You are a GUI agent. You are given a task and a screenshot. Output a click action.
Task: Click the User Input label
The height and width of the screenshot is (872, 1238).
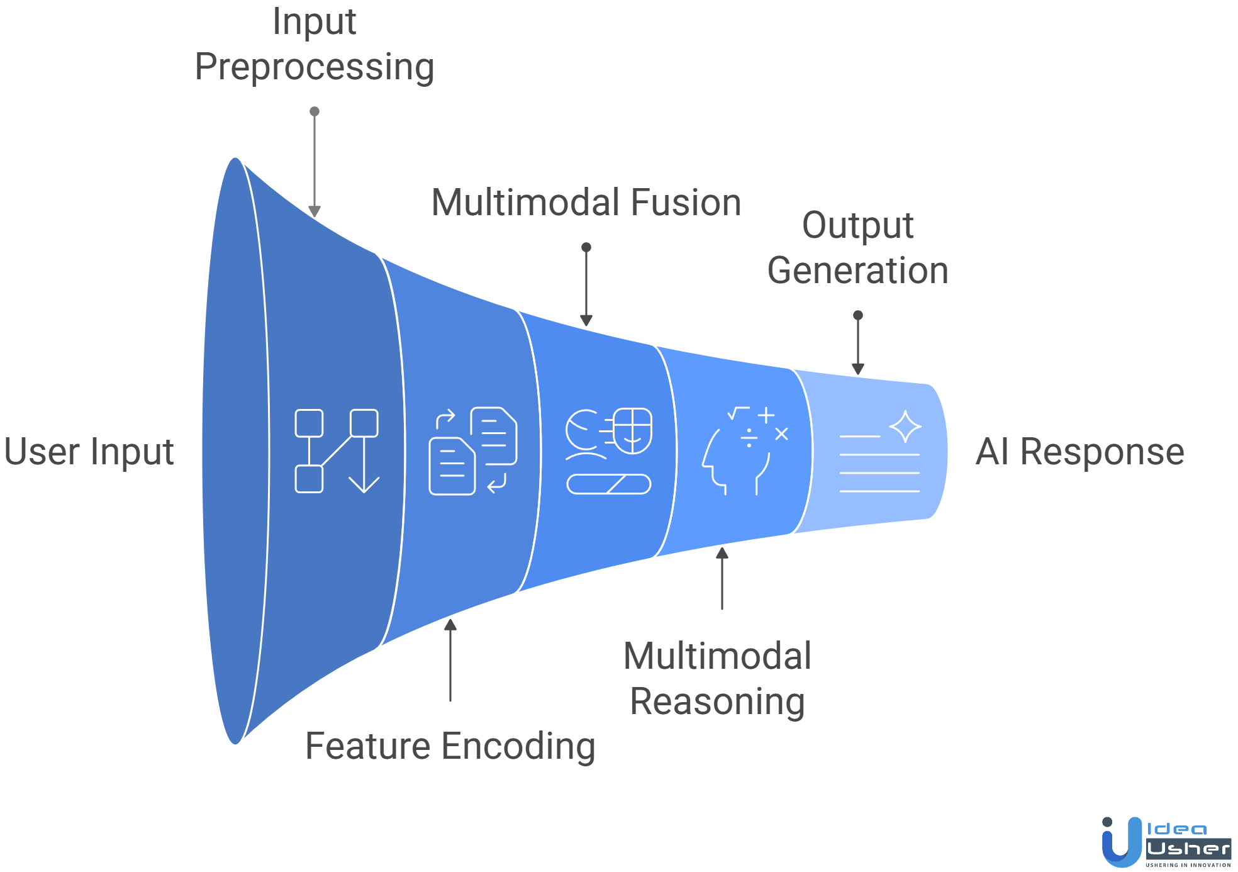pyautogui.click(x=89, y=452)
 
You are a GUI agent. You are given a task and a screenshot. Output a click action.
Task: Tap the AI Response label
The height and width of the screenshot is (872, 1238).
pyautogui.click(x=1079, y=452)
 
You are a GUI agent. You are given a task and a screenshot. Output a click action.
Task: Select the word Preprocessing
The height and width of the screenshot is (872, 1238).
pyautogui.click(x=315, y=67)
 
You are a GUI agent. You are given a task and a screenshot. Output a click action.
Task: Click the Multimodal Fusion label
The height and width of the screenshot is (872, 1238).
pyautogui.click(x=586, y=203)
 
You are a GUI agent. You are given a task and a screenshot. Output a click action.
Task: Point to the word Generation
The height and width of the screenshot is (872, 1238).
pyautogui.click(x=857, y=271)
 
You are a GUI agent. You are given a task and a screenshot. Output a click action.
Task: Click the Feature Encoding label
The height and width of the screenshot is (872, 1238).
pyautogui.click(x=450, y=746)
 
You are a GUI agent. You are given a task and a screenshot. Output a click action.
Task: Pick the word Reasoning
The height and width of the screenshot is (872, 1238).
pyautogui.click(x=717, y=702)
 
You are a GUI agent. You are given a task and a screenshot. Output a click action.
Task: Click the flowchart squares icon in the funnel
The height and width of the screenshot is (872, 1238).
pyautogui.click(x=337, y=450)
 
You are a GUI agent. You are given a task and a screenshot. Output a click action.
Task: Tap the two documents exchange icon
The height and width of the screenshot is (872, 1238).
pyautogui.click(x=473, y=450)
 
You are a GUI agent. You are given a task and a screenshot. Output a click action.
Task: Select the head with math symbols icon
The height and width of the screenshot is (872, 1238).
pyautogui.click(x=745, y=450)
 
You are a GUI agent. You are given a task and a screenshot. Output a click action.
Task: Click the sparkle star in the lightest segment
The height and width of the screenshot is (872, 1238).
pyautogui.click(x=905, y=427)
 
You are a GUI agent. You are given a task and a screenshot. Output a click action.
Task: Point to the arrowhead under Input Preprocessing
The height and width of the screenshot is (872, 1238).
pyautogui.click(x=315, y=211)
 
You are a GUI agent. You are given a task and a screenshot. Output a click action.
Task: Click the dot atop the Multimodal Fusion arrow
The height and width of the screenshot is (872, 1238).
pyautogui.click(x=586, y=247)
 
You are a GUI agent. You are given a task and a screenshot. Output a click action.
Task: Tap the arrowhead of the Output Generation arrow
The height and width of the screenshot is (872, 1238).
pyautogui.click(x=858, y=369)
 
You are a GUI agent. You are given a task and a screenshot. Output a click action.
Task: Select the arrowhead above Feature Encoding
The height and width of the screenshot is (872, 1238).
pyautogui.click(x=450, y=625)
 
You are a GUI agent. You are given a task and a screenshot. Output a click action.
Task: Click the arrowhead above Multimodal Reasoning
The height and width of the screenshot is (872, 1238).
pyautogui.click(x=722, y=553)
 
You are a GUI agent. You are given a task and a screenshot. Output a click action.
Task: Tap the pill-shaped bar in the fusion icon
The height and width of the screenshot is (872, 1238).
pyautogui.click(x=608, y=484)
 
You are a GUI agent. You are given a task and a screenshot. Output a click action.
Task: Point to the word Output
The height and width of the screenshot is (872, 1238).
pyautogui.click(x=857, y=225)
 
